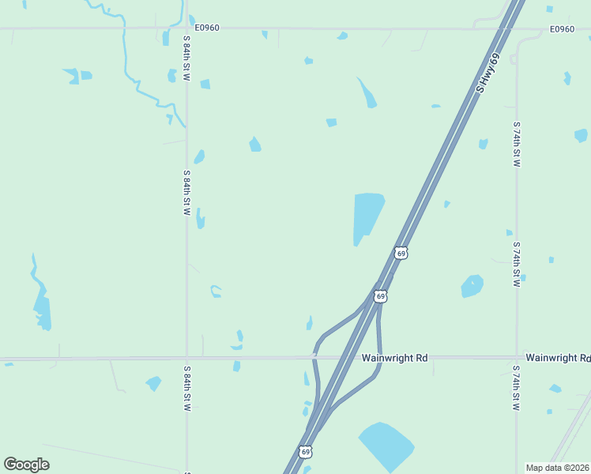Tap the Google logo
coord(26,465)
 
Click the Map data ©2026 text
coord(557,468)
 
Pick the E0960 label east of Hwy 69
coord(562,29)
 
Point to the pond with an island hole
coord(472,286)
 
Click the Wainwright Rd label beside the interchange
coord(394,358)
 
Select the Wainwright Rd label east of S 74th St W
coord(558,358)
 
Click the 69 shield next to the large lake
coord(401,253)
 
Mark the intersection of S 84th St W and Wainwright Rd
coord(186,359)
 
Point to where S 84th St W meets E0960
coord(186,28)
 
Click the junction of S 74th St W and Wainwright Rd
coord(517,358)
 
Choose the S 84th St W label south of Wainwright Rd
coord(187,389)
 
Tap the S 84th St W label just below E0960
coord(187,55)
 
